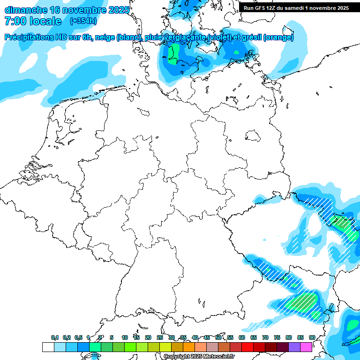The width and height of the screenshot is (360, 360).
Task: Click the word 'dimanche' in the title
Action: pyautogui.click(x=25, y=10)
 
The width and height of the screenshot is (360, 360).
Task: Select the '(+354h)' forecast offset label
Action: pyautogui.click(x=83, y=21)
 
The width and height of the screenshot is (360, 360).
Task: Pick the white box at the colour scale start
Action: pyautogui.click(x=48, y=347)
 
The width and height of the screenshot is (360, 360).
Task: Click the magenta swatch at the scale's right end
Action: pyautogui.click(x=306, y=347)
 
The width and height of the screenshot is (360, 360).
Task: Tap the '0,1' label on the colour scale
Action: pyautogui.click(x=55, y=338)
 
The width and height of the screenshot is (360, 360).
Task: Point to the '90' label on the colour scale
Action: pyautogui.click(x=312, y=338)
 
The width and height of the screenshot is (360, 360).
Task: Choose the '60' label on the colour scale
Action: pyautogui.click(x=242, y=338)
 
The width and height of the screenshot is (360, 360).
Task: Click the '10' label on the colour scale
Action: pyautogui.click(x=125, y=338)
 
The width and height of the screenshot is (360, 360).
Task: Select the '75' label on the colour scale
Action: pyautogui.click(x=277, y=338)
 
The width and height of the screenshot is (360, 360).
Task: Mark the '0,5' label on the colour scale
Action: pyautogui.click(x=78, y=338)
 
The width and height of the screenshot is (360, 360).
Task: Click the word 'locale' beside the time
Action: pyautogui.click(x=46, y=21)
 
